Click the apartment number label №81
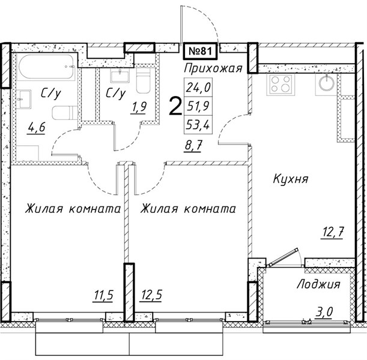[200, 51]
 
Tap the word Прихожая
[213, 69]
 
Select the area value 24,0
[198, 88]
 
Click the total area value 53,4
[198, 125]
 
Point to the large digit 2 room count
[175, 106]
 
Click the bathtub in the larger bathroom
[47, 67]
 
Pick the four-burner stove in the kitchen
[280, 84]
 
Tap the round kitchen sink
[327, 82]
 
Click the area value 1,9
[139, 108]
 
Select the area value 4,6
[36, 128]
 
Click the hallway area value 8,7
[193, 146]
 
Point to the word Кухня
[290, 179]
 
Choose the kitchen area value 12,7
[333, 233]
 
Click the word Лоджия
[318, 285]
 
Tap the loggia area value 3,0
[324, 311]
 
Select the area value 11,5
[103, 295]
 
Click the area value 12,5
[151, 295]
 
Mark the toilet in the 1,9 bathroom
[143, 81]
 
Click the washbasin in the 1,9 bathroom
[120, 75]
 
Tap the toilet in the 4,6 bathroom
[65, 113]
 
